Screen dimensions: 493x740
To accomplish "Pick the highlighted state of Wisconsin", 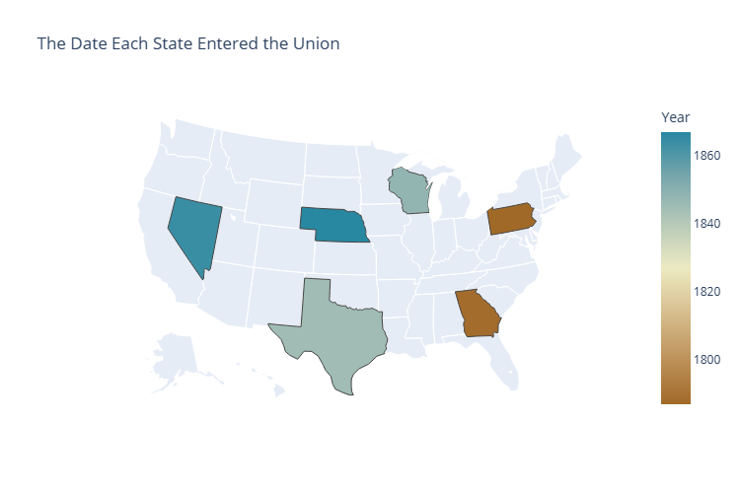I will (x=408, y=191).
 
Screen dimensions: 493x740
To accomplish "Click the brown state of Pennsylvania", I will (x=511, y=219).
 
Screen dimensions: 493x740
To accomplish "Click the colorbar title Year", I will (x=675, y=118).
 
